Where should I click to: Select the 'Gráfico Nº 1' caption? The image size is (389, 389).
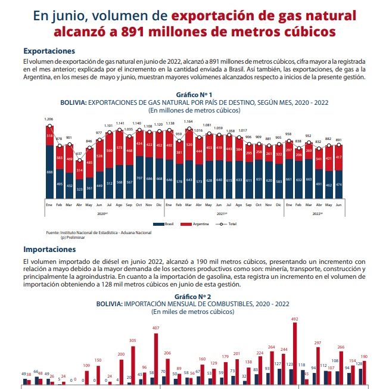pyautogui.click(x=194, y=95)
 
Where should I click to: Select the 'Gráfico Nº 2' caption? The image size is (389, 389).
pyautogui.click(x=194, y=296)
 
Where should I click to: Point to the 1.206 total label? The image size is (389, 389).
pyautogui.click(x=49, y=119)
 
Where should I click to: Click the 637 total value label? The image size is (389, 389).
pyautogui.click(x=79, y=154)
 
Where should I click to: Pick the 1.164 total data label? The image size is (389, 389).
pyautogui.click(x=189, y=122)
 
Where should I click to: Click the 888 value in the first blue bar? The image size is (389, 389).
pyautogui.click(x=49, y=173)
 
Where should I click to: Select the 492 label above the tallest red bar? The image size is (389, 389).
pyautogui.click(x=294, y=320)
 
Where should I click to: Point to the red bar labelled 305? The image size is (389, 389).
pyautogui.click(x=132, y=365)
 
